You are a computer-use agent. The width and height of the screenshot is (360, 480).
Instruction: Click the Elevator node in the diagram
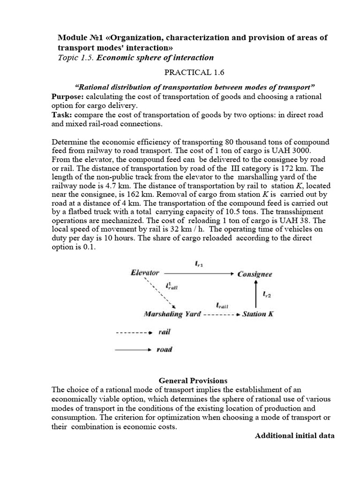[x=145, y=272]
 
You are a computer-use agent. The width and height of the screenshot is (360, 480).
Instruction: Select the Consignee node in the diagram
[x=255, y=274]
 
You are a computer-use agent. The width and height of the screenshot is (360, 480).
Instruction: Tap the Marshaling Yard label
[x=172, y=314]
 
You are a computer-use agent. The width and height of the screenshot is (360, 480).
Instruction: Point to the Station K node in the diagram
[x=258, y=314]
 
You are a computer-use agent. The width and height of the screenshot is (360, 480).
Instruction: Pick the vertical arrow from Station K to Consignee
[x=255, y=294]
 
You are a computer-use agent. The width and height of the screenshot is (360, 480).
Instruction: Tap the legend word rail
[x=164, y=332]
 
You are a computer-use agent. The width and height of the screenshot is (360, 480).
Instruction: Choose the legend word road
[x=165, y=349]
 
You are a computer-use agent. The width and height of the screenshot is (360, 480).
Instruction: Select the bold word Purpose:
[x=67, y=96]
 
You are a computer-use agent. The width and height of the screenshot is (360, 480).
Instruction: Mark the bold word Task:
[x=60, y=115]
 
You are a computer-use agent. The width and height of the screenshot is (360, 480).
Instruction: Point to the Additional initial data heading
[x=294, y=435]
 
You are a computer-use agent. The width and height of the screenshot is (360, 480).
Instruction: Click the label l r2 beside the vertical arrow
[x=266, y=294]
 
